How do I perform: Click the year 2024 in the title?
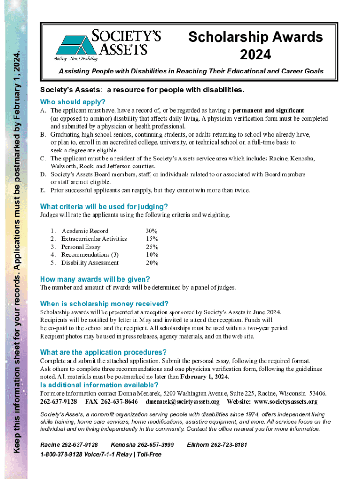[x=255, y=55]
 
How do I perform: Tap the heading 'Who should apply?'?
[x=73, y=102]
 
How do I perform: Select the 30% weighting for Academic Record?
[x=151, y=231]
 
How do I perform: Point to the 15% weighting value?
[x=151, y=239]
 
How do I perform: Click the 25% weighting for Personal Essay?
[x=151, y=247]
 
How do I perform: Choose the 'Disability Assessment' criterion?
[x=90, y=263]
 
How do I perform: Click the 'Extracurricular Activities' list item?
[x=94, y=239]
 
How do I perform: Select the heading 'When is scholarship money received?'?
[x=104, y=303]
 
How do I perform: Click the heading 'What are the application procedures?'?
[x=103, y=352]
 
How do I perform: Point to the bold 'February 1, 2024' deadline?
[x=204, y=377]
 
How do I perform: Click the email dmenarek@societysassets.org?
[x=182, y=402]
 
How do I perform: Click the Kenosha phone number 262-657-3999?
[x=142, y=444]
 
